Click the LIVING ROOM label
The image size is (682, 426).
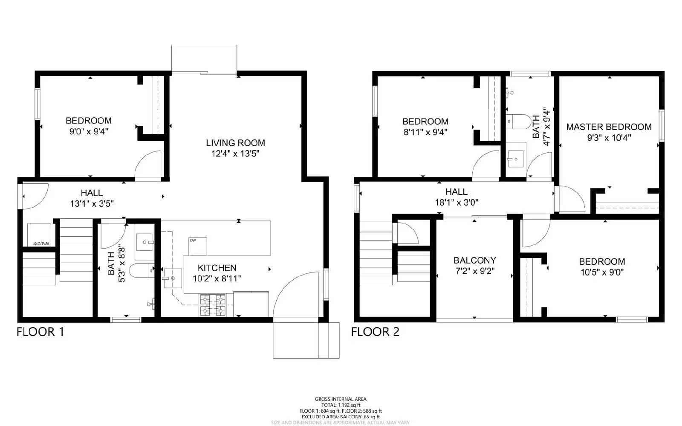235,143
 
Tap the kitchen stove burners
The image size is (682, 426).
213,305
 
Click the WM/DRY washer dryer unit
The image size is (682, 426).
40,235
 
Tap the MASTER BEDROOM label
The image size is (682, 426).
609,127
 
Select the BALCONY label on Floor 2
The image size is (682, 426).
474,260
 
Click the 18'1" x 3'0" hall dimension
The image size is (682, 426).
457,203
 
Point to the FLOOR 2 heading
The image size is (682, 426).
375,332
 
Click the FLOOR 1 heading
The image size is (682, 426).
40,332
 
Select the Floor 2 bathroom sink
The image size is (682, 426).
516,159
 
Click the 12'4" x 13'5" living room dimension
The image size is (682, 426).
235,154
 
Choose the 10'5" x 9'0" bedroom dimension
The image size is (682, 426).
602,272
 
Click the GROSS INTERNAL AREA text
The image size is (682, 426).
341,399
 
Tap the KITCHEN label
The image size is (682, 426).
217,268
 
